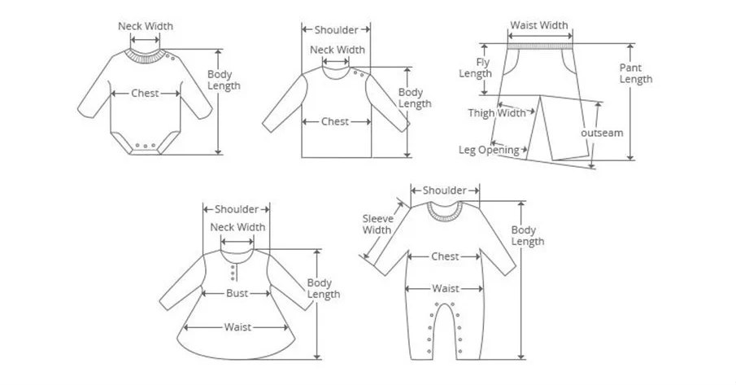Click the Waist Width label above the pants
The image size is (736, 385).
click(x=539, y=25)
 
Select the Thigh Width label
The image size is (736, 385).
click(x=497, y=113)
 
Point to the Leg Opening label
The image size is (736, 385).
click(x=489, y=150)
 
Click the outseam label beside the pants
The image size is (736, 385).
click(x=602, y=132)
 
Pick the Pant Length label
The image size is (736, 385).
click(x=635, y=73)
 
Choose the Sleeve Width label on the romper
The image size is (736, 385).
click(x=377, y=224)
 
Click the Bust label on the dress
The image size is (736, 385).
click(x=237, y=293)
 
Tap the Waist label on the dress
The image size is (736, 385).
click(x=237, y=327)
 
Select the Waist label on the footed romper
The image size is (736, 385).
click(x=445, y=288)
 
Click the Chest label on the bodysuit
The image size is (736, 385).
click(x=146, y=94)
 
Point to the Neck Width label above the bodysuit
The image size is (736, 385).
click(x=146, y=26)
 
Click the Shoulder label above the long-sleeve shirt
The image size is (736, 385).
click(x=336, y=30)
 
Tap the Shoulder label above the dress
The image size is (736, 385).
click(x=237, y=209)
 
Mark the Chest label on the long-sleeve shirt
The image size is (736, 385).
click(x=335, y=121)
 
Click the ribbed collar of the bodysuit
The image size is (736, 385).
click(x=146, y=55)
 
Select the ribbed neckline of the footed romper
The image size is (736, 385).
click(x=445, y=212)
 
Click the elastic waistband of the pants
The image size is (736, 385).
click(x=540, y=46)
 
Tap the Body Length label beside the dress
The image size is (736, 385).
click(x=324, y=288)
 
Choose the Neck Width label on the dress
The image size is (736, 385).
click(x=237, y=227)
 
